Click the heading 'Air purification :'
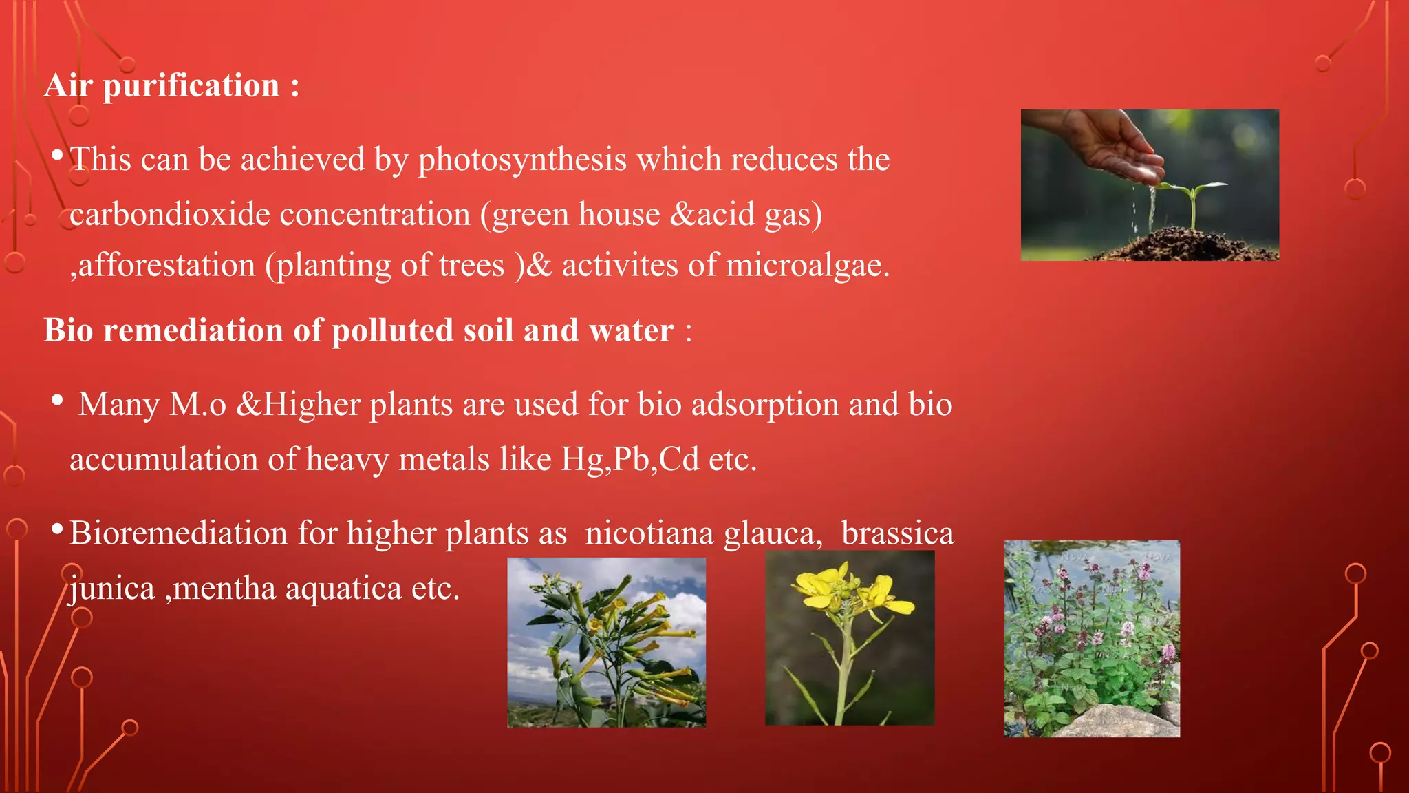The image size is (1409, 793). point(172,86)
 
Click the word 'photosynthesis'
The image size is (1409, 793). point(522,160)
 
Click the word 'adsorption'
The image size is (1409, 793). point(764,404)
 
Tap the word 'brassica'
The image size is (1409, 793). point(897,533)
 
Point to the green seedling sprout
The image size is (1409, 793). point(1194,200)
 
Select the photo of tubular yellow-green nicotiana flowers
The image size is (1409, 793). point(606,642)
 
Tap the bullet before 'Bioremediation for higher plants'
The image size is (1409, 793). point(58,529)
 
